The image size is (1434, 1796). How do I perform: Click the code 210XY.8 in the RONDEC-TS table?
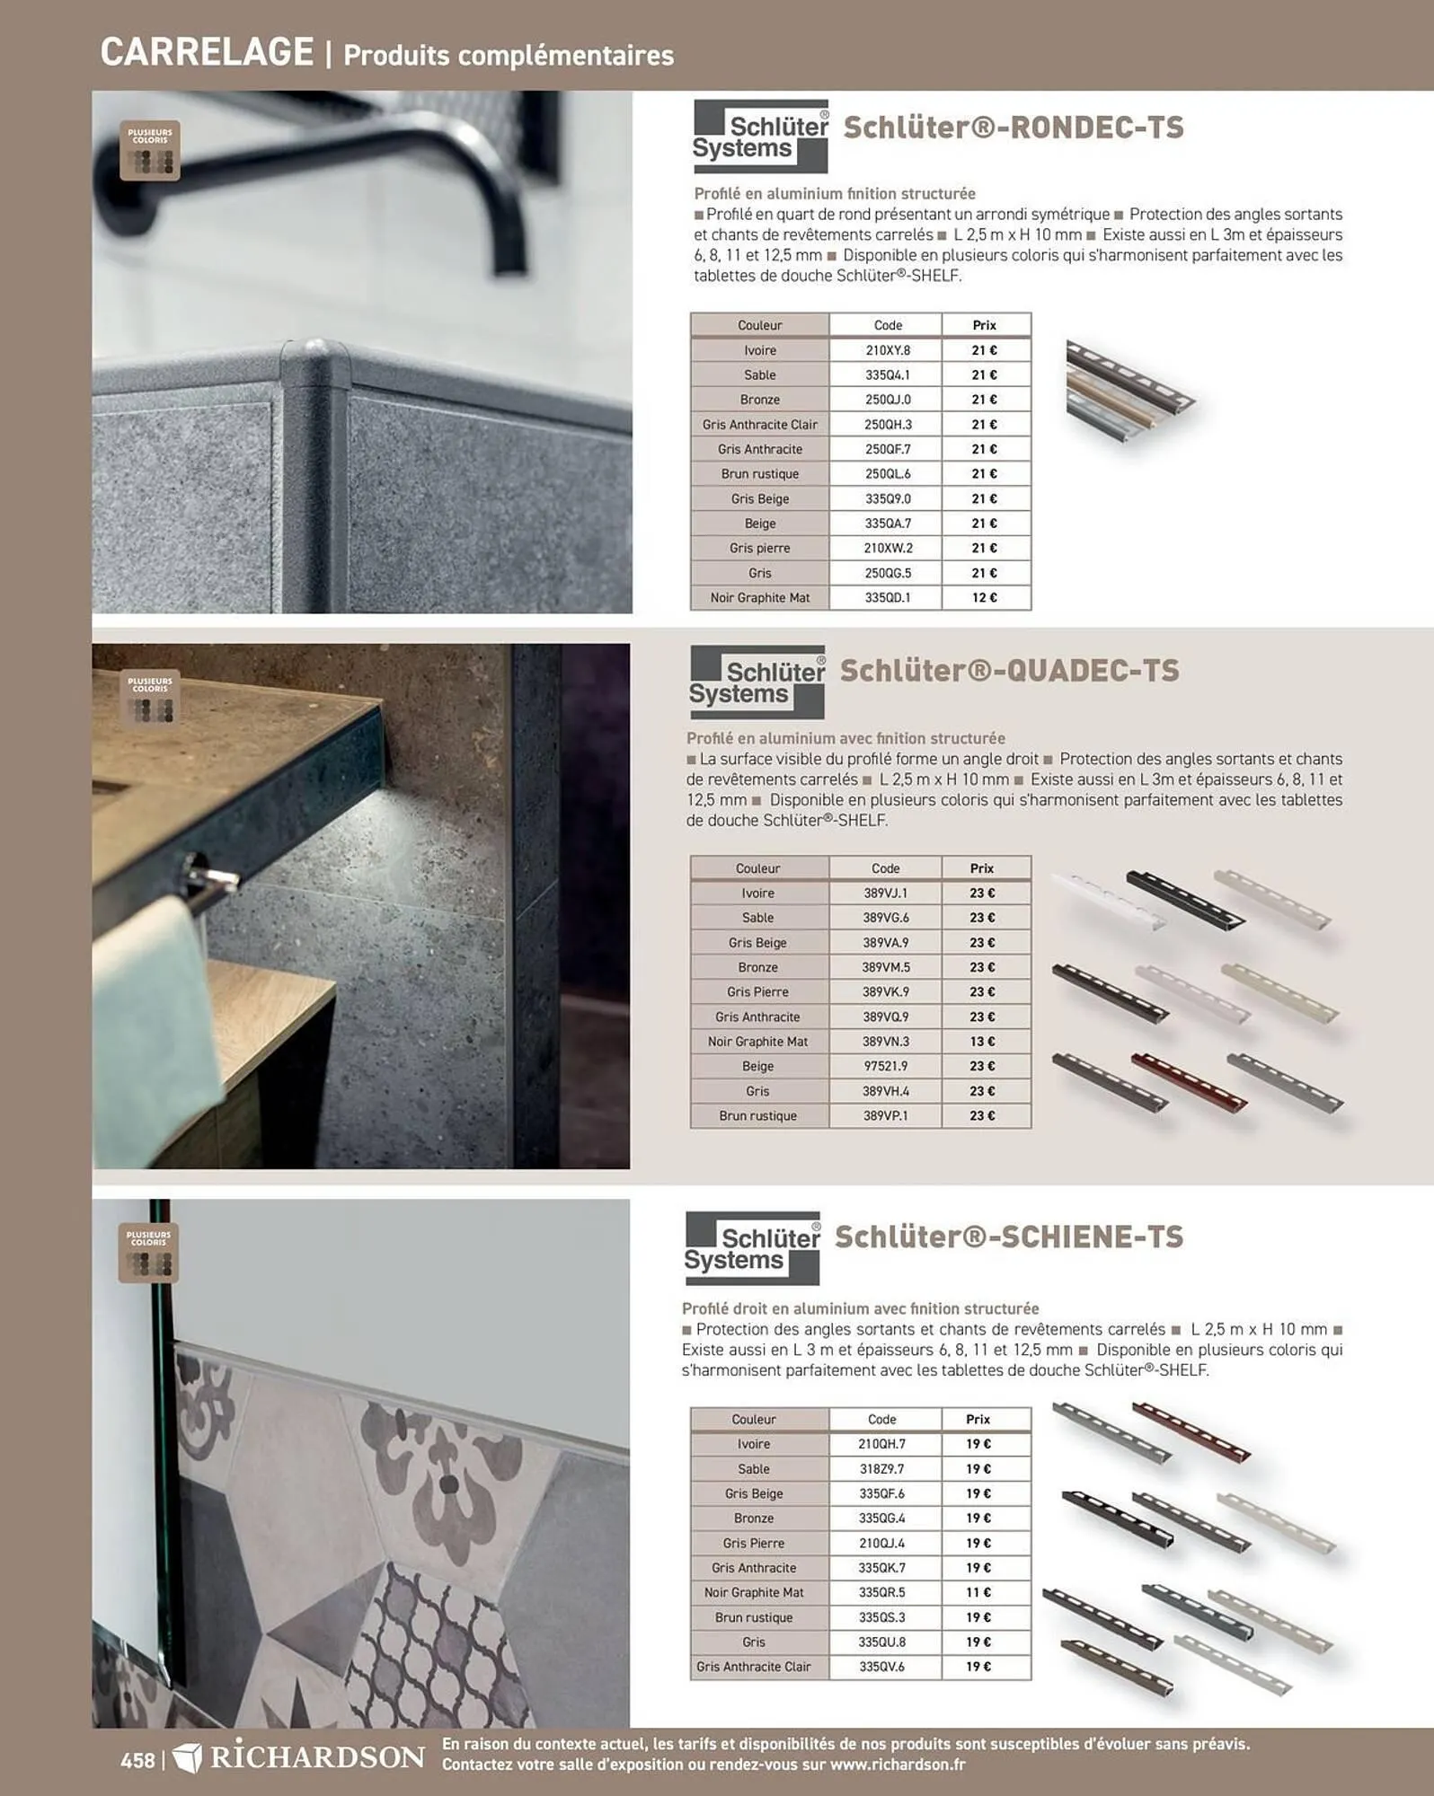pyautogui.click(x=887, y=350)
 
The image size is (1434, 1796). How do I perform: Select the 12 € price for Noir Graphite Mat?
pyautogui.click(x=984, y=597)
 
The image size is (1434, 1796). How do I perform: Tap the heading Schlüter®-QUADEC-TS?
pyautogui.click(x=1009, y=671)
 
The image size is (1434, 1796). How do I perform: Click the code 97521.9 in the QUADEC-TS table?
pyautogui.click(x=885, y=1066)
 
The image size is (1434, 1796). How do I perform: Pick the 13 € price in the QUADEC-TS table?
pyautogui.click(x=981, y=1042)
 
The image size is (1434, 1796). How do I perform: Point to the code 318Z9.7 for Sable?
pyautogui.click(x=881, y=1469)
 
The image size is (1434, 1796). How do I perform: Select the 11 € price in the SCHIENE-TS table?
pyautogui.click(x=978, y=1592)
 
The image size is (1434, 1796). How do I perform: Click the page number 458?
pyautogui.click(x=137, y=1760)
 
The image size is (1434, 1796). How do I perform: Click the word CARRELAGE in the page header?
pyautogui.click(x=207, y=52)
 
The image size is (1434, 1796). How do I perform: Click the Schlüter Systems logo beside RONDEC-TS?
pyautogui.click(x=760, y=136)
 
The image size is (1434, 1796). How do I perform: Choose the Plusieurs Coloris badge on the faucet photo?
pyautogui.click(x=150, y=151)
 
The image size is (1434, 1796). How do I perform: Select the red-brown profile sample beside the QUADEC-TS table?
pyautogui.click(x=1188, y=1080)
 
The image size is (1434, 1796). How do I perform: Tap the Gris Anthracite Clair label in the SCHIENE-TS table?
pyautogui.click(x=753, y=1667)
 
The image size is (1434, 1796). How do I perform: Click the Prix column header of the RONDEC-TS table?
pyautogui.click(x=984, y=325)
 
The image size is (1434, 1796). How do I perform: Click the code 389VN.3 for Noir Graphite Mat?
pyautogui.click(x=885, y=1042)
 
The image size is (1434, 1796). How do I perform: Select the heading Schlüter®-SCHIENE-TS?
pyautogui.click(x=1008, y=1237)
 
